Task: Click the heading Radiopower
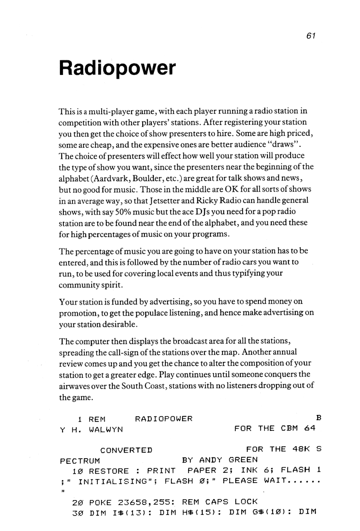117,69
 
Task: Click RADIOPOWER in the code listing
163,418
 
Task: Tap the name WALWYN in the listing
105,429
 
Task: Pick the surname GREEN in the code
243,461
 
